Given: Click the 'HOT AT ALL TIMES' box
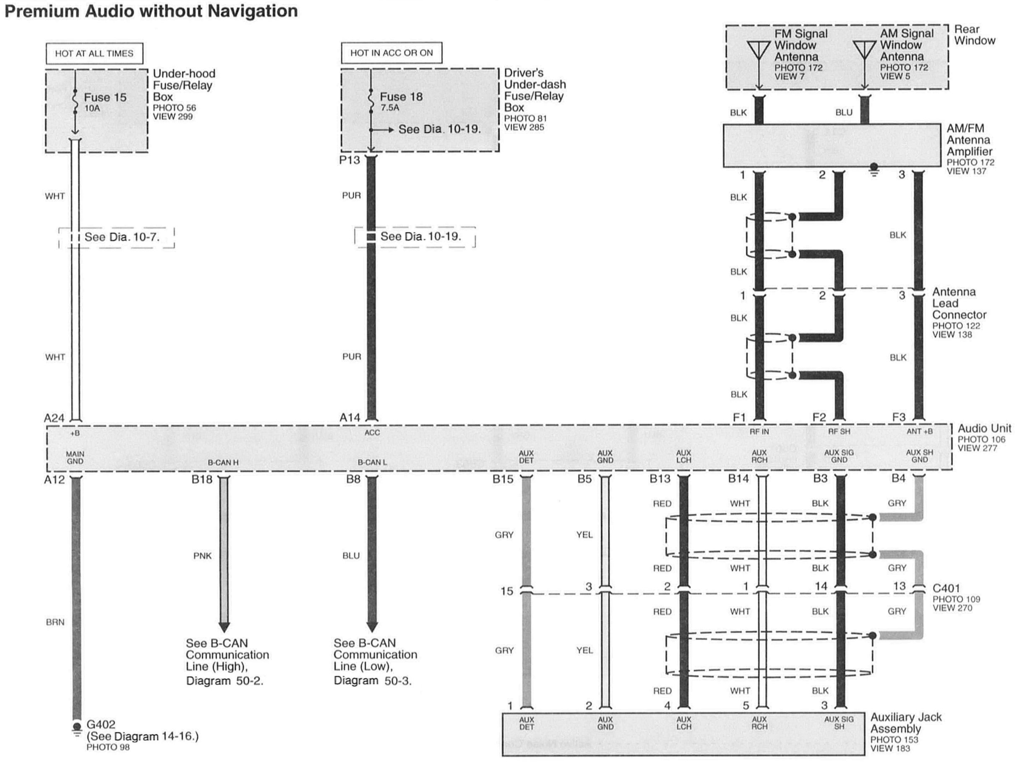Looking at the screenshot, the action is click(x=94, y=54).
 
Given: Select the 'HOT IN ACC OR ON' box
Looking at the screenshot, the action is click(x=391, y=53).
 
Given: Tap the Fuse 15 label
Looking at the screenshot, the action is click(x=105, y=97).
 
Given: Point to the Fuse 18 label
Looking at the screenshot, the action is click(x=401, y=97).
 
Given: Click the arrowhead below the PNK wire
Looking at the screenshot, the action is click(x=224, y=627).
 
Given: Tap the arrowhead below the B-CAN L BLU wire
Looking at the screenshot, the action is click(x=372, y=627).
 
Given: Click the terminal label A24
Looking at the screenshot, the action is click(x=54, y=418).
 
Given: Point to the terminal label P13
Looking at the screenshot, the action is click(x=349, y=160).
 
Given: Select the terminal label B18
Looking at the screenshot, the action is click(x=202, y=479).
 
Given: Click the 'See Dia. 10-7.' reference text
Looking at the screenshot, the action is click(x=122, y=237).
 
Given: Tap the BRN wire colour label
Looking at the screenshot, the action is click(x=55, y=622).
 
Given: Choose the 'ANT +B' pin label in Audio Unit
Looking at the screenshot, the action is click(x=919, y=432).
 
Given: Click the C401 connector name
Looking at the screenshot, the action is click(x=946, y=588).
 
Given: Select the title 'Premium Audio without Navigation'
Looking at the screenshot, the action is click(x=151, y=11).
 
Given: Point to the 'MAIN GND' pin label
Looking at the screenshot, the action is click(x=75, y=458).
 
